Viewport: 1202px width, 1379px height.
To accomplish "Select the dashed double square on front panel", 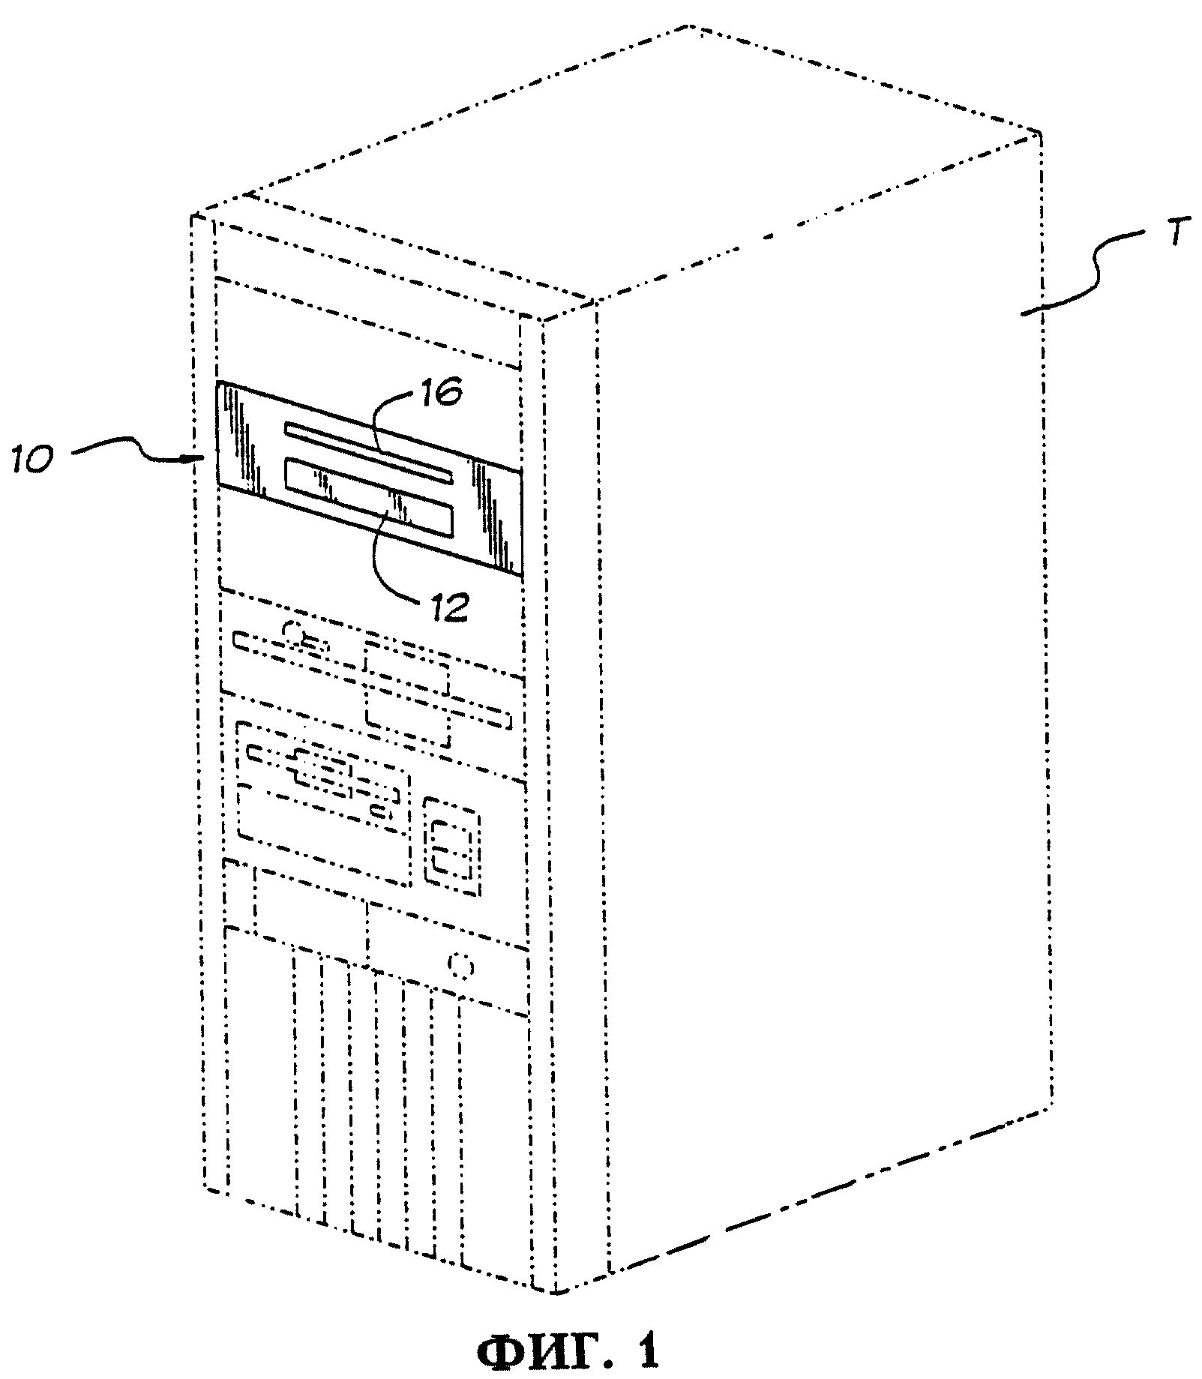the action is tap(451, 847).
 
